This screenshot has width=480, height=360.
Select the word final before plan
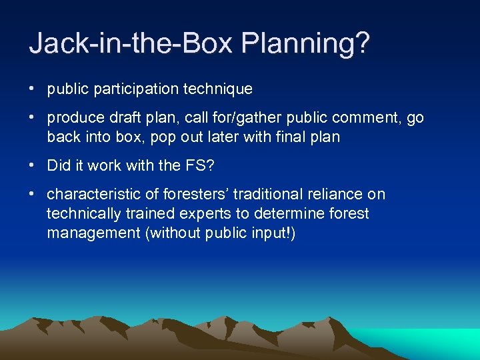(281, 137)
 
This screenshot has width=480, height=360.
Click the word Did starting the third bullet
(58, 166)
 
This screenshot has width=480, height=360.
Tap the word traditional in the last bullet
(242, 195)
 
